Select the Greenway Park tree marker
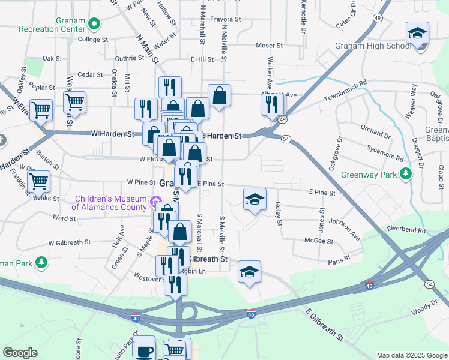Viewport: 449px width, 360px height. (407, 174)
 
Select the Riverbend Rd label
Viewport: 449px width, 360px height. (406, 230)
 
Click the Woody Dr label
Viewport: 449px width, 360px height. (425, 312)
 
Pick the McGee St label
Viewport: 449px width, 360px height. (319, 241)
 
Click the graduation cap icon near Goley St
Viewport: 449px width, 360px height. (255, 199)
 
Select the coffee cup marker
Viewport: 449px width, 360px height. (143, 350)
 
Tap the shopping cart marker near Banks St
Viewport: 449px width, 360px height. (38, 179)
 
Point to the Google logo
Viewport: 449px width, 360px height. (20, 353)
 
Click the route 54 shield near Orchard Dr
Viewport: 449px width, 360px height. (286, 139)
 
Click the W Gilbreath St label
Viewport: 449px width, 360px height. (70, 242)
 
